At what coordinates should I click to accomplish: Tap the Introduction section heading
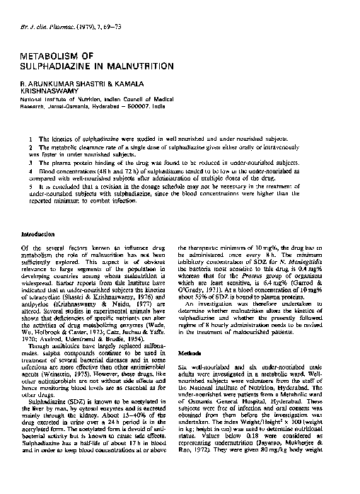click(37, 233)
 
